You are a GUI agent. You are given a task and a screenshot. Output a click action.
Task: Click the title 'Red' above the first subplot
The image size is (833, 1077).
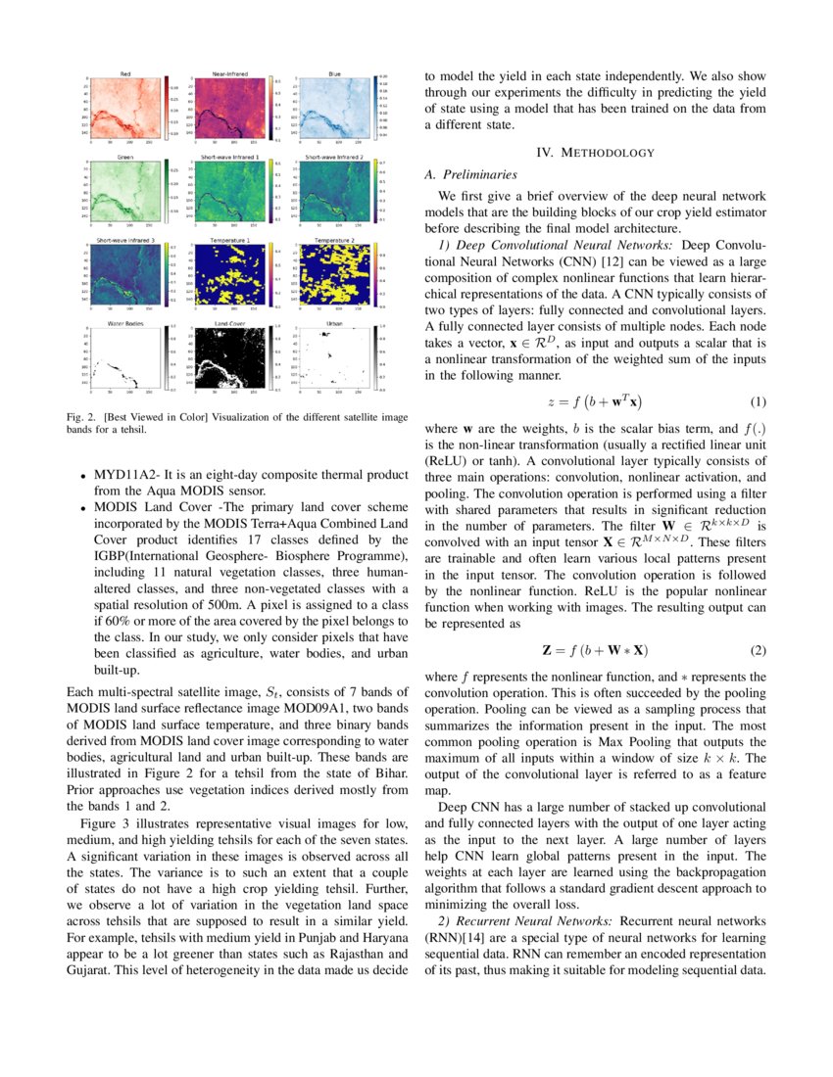(x=125, y=74)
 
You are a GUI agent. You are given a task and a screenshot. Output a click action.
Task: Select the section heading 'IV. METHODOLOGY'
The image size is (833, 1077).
(x=595, y=153)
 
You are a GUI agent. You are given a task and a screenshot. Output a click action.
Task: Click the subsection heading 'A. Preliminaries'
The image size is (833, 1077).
(x=470, y=174)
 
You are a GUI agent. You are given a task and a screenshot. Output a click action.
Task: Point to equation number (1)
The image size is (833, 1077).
(x=758, y=402)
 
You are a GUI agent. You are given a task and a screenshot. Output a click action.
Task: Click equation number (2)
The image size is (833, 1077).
(x=758, y=651)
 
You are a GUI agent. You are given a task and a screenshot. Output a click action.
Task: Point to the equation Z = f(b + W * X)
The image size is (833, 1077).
(x=595, y=651)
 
